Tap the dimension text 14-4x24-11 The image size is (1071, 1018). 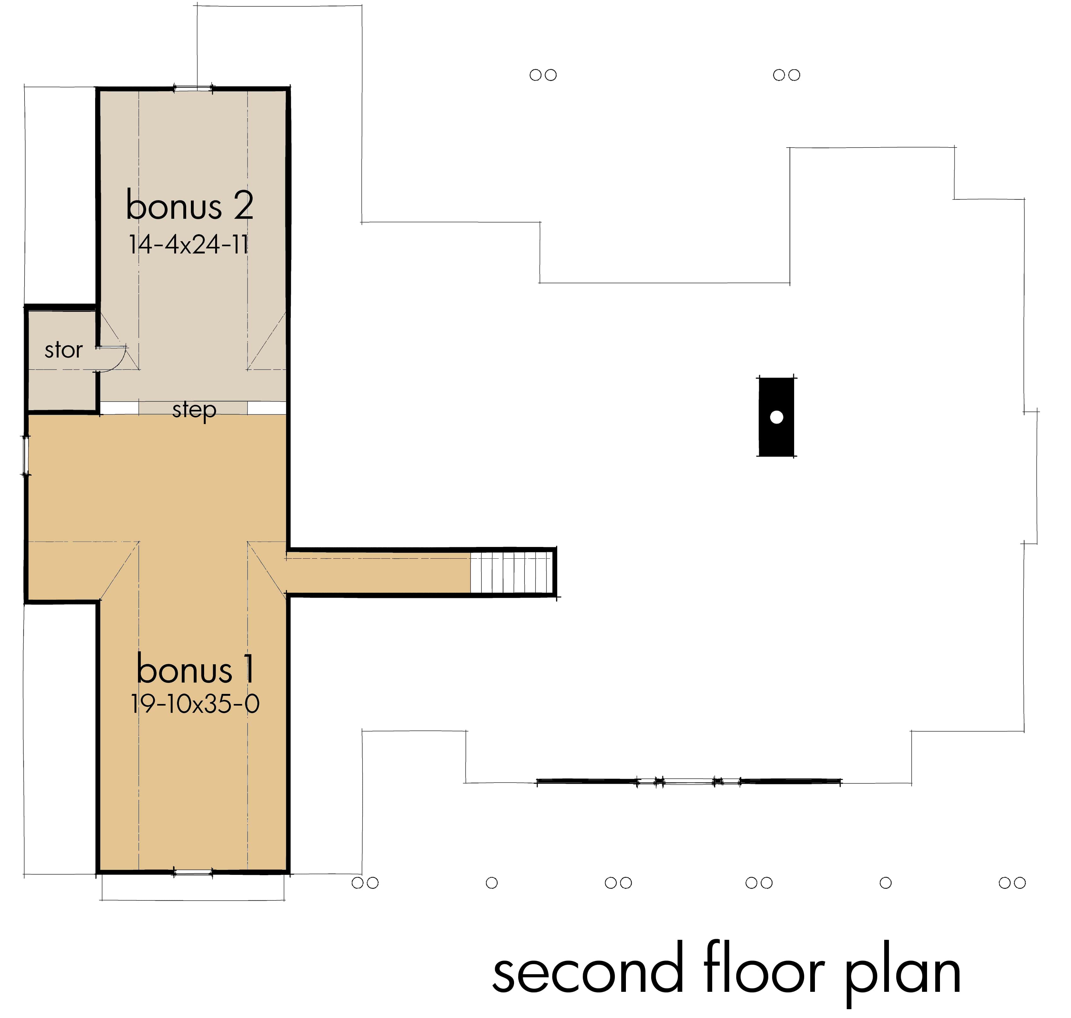click(189, 245)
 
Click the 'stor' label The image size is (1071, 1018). click(63, 350)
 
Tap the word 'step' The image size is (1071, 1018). click(194, 410)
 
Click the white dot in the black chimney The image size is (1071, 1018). click(776, 417)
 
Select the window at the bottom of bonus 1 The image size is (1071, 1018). click(193, 873)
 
